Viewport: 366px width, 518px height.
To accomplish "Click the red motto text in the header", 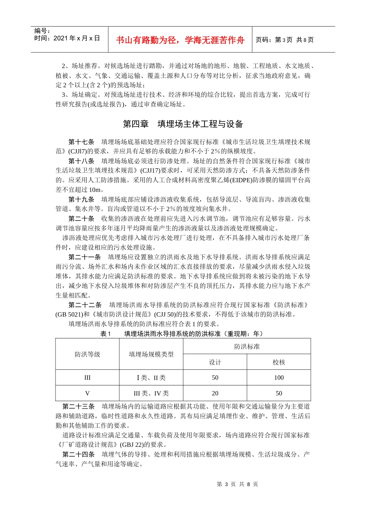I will click(180, 40).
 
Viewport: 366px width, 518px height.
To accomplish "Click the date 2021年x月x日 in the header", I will click(77, 38).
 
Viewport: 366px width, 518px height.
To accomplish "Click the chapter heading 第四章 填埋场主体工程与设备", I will click(183, 124).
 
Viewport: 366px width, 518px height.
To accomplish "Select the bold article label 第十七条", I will click(81, 142).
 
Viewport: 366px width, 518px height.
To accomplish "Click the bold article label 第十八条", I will click(81, 161).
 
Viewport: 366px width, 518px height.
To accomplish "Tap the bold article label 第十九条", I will click(81, 199).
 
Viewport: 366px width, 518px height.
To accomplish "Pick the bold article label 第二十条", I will click(81, 219).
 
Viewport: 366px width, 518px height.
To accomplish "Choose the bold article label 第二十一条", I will click(84, 257).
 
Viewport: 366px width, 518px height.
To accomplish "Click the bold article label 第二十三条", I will click(78, 406).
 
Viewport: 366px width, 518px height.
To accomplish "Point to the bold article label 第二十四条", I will click(78, 454).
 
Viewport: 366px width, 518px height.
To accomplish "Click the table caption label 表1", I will click(106, 334).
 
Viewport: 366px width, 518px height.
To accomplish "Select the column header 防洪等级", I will click(87, 354).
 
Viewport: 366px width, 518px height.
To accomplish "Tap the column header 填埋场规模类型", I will click(151, 354).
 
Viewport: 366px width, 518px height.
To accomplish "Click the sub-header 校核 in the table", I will click(279, 362).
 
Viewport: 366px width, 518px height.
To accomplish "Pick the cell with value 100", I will click(279, 378).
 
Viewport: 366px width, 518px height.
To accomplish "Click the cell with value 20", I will click(215, 393).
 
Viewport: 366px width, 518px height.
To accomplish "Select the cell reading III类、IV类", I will click(151, 393).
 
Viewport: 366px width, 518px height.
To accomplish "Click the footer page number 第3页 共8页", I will click(237, 484).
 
